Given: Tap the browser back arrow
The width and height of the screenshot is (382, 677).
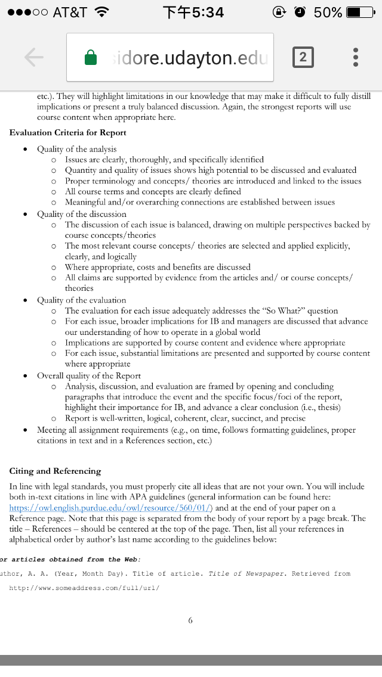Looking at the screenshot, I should (34, 57).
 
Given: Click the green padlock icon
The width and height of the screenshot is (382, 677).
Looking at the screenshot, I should (91, 58).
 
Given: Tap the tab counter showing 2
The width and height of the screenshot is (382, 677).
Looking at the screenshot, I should (303, 57).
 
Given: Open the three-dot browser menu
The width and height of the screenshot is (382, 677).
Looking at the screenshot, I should (356, 57).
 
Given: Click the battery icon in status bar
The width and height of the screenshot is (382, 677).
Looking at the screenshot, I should (361, 12).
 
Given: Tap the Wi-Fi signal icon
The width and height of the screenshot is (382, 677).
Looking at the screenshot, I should (102, 12).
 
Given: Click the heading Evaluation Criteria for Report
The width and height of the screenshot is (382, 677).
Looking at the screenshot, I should (68, 133).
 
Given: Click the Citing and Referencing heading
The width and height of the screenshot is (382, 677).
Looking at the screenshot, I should (56, 471).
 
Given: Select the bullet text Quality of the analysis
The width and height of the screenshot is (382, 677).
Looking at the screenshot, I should (77, 149).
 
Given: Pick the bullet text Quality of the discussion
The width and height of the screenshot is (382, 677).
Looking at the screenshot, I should (82, 214).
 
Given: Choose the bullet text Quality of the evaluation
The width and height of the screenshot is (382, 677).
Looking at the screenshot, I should (82, 300).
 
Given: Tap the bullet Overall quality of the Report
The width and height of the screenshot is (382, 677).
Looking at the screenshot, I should (89, 375).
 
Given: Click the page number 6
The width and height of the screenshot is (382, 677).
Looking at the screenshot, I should (190, 620).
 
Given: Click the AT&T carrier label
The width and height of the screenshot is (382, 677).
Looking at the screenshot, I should (69, 12).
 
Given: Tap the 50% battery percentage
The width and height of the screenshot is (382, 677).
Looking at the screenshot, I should (328, 12).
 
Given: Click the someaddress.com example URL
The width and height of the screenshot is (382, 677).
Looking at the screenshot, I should (84, 588).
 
